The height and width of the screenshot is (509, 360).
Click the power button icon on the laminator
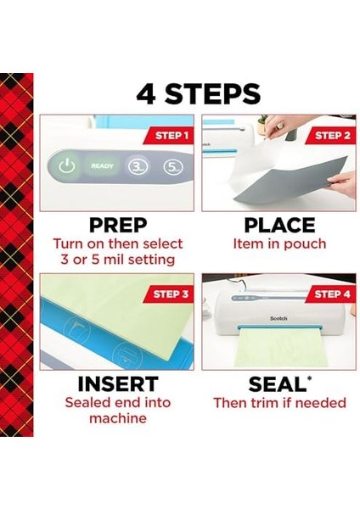67,166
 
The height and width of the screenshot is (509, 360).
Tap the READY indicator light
102,166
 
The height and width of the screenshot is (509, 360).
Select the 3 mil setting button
138,167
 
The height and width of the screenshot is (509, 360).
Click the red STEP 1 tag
170,136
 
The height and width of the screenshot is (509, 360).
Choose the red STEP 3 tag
169,294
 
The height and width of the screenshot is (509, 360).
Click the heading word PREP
118,226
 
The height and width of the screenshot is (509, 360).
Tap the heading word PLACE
279,226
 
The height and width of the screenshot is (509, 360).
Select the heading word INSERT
118,384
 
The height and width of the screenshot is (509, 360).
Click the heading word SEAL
277,384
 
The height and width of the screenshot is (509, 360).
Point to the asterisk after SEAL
309,378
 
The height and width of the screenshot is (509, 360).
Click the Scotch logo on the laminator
278,318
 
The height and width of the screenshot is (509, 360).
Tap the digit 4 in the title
146,94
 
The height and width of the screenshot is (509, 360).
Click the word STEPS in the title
212,94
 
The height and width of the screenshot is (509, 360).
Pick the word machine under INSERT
118,418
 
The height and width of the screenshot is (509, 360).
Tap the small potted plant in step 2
262,125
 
